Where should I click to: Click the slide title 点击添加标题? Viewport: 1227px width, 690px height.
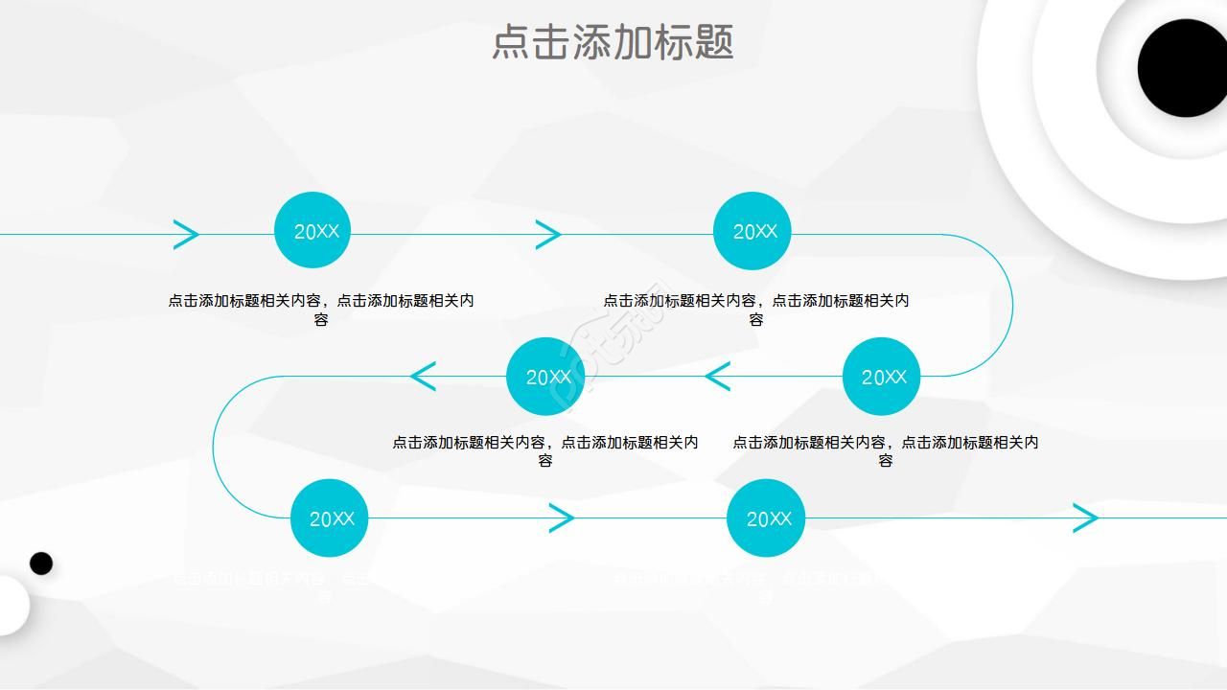pyautogui.click(x=613, y=43)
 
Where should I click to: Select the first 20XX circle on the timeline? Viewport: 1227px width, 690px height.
pyautogui.click(x=313, y=231)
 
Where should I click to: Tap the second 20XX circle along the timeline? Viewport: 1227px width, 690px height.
pyautogui.click(x=752, y=231)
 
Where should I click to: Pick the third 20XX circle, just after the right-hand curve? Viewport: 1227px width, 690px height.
pyautogui.click(x=881, y=377)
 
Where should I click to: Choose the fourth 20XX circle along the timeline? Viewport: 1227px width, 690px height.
pyautogui.click(x=545, y=377)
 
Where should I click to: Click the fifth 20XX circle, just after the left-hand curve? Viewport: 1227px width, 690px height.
pyautogui.click(x=329, y=518)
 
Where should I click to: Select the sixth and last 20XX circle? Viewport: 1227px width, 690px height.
pyautogui.click(x=766, y=518)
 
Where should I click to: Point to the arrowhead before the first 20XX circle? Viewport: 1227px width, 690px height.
pyautogui.click(x=186, y=234)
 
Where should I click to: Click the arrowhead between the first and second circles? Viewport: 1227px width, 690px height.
pyautogui.click(x=548, y=234)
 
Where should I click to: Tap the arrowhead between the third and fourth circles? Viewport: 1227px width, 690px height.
pyautogui.click(x=717, y=377)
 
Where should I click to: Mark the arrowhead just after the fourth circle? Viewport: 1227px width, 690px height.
pyautogui.click(x=423, y=377)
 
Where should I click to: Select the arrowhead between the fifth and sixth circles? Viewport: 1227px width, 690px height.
pyautogui.click(x=562, y=518)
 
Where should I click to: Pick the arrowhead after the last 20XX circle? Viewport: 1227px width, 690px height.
pyautogui.click(x=1085, y=518)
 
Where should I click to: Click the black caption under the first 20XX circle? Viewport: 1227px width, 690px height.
pyautogui.click(x=321, y=310)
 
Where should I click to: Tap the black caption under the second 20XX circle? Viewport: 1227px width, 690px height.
pyautogui.click(x=756, y=310)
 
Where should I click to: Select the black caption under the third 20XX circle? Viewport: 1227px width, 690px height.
pyautogui.click(x=886, y=451)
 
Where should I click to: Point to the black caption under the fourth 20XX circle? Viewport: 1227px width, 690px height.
pyautogui.click(x=545, y=451)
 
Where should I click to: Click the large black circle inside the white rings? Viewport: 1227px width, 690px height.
pyautogui.click(x=1182, y=68)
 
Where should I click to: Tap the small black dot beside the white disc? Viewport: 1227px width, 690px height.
pyautogui.click(x=41, y=563)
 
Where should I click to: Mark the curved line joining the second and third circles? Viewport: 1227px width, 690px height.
pyautogui.click(x=1011, y=305)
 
